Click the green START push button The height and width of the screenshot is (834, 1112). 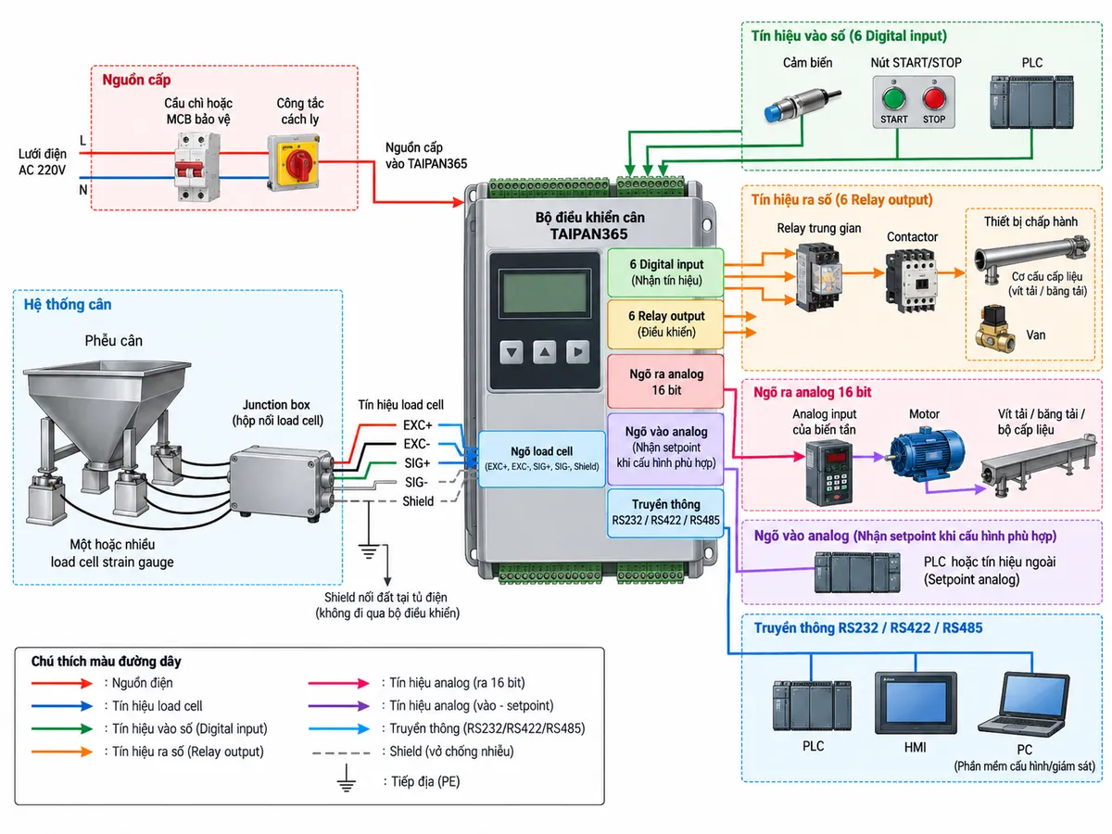893,97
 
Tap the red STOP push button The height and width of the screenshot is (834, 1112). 934,97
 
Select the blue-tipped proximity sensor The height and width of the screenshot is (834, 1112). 802,105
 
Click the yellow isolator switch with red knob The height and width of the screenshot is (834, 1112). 294,162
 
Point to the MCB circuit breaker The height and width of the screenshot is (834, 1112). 197,167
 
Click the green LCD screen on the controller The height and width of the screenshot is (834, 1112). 544,293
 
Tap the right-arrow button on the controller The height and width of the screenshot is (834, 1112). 577,352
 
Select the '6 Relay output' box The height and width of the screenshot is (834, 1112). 665,324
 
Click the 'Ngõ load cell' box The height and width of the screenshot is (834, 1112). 541,459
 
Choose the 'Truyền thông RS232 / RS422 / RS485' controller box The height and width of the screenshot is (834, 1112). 665,512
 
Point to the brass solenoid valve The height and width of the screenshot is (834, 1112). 995,329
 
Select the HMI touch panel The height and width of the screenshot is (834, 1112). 916,702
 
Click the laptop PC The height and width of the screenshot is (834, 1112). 1024,704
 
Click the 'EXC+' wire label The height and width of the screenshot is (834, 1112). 417,424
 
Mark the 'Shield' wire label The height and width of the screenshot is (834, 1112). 418,501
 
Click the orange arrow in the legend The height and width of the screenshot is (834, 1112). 62,752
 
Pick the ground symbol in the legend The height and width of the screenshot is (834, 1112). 346,778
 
